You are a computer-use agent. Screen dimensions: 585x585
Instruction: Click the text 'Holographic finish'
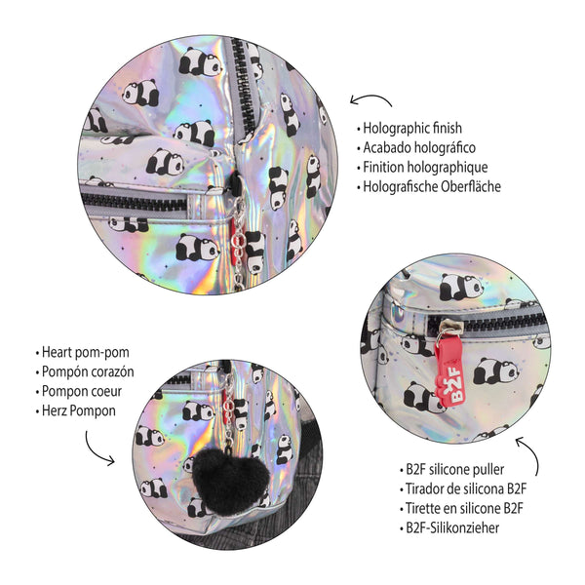[413, 128]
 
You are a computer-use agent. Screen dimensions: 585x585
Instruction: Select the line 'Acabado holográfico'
[419, 147]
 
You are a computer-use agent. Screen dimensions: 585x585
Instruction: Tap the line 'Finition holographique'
[423, 167]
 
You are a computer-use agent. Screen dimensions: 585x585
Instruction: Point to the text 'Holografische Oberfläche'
[432, 186]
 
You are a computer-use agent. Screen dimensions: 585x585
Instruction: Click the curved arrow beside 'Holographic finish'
[370, 100]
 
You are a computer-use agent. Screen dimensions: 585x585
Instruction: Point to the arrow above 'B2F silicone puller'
[527, 450]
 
